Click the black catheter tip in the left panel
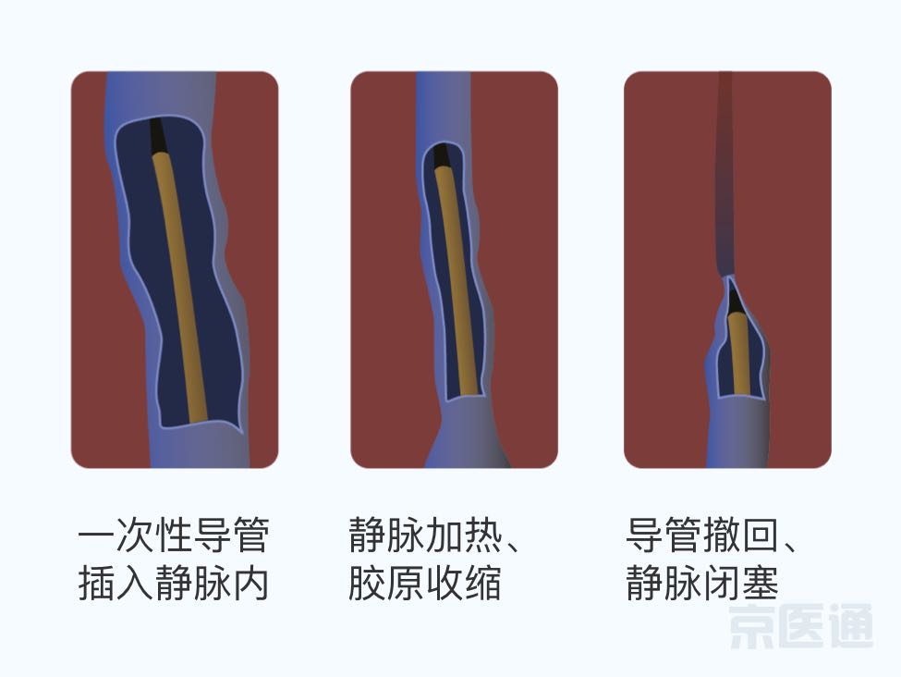tap(157, 136)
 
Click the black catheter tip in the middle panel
tap(441, 156)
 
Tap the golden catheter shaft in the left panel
tap(179, 286)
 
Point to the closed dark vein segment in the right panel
tap(725, 173)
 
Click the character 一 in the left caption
tap(96, 535)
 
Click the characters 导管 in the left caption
tap(231, 535)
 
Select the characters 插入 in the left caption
tap(116, 583)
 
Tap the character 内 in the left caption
tap(250, 583)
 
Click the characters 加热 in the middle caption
tap(463, 535)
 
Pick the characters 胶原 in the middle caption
tap(386, 583)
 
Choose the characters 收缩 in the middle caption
tap(463, 583)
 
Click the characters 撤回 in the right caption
tap(741, 535)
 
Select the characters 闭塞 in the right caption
tap(741, 583)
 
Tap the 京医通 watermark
tap(801, 626)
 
